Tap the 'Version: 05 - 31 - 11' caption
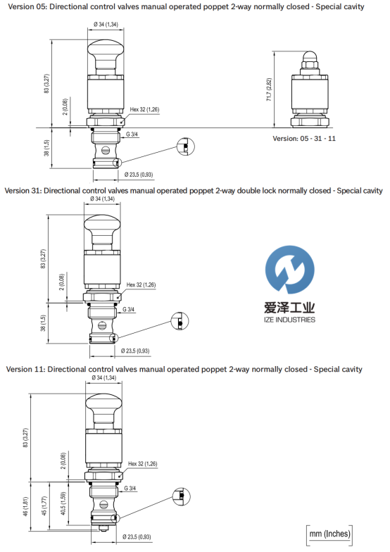(304, 138)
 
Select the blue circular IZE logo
(290, 270)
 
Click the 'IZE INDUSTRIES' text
(289, 320)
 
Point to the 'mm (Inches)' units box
(329, 534)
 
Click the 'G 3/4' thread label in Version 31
(128, 310)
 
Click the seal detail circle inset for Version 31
(180, 321)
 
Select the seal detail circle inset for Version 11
(182, 496)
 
